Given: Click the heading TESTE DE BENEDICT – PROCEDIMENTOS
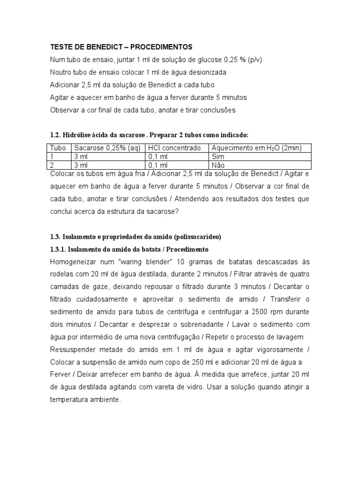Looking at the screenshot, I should coord(121,47).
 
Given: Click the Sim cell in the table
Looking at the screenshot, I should coord(218,157).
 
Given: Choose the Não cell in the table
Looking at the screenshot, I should coord(218,165).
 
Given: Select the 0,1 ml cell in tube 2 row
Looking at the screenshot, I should coord(157,165).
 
